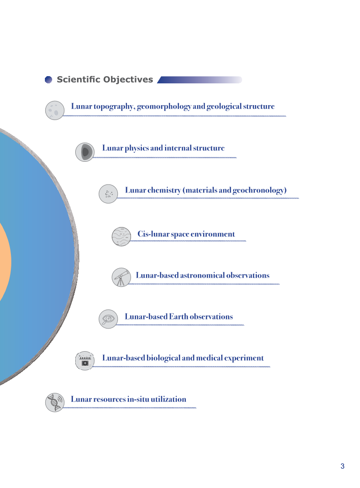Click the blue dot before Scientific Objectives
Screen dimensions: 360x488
point(48,80)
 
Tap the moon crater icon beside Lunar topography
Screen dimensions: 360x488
point(55,110)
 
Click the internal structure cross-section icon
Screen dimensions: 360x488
point(85,152)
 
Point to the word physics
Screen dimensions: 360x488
point(137,148)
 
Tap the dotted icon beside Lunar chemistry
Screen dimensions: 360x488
point(108,194)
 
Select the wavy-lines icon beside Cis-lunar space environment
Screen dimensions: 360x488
point(121,237)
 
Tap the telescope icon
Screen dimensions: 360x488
point(121,277)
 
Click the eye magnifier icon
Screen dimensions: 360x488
point(108,319)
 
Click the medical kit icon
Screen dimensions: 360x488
point(85,361)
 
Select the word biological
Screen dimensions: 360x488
point(164,358)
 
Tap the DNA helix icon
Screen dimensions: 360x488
point(55,402)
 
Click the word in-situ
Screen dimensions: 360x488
point(138,399)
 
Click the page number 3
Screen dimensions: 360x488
point(343,466)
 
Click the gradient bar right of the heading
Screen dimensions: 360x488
point(199,80)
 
